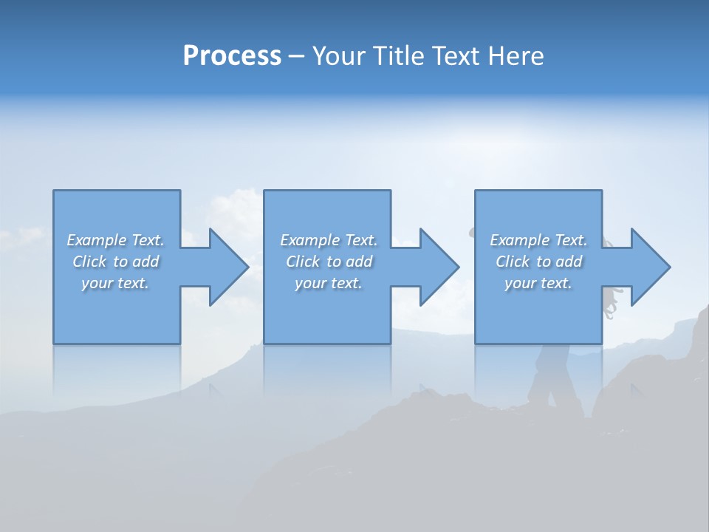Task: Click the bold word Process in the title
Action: (232, 56)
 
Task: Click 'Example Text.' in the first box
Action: (115, 240)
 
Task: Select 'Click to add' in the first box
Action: (115, 262)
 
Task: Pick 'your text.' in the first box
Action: (115, 283)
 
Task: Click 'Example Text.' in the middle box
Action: (328, 240)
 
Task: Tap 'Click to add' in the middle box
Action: (328, 262)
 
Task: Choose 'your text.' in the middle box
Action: (328, 283)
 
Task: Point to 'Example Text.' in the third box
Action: (538, 240)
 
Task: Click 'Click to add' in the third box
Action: (538, 262)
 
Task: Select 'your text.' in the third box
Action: (538, 283)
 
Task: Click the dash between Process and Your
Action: (297, 58)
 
